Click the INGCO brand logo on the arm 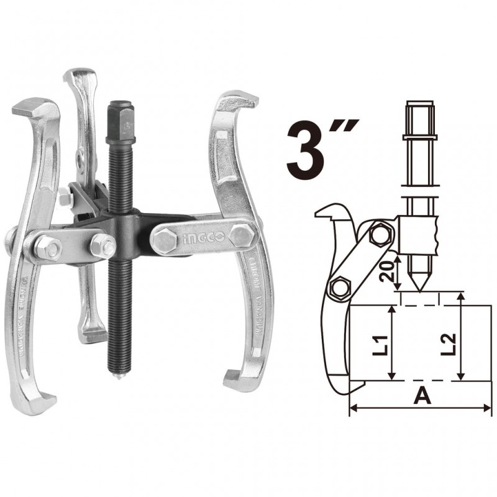(x=198, y=240)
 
